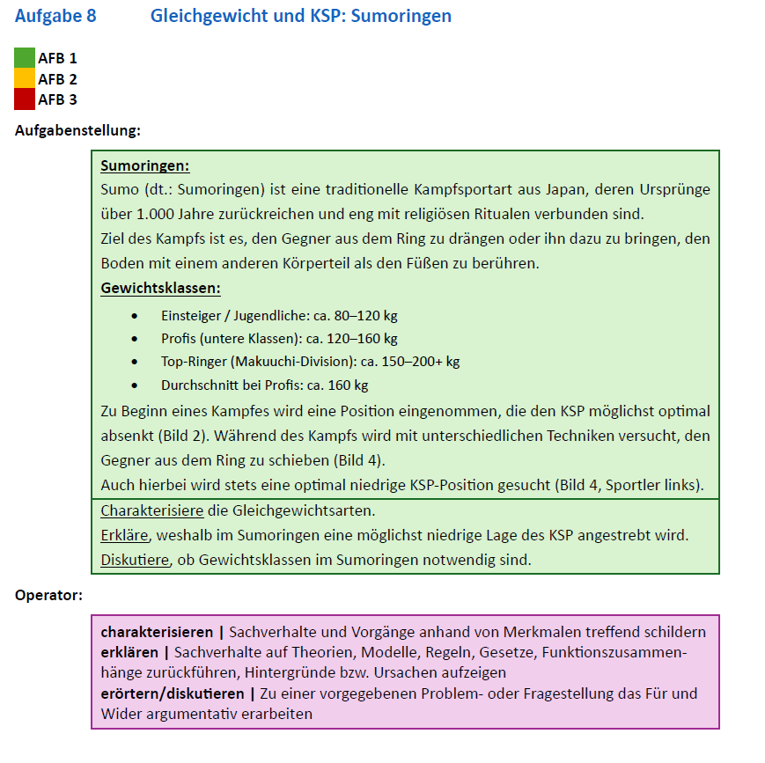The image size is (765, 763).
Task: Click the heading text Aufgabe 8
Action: (55, 16)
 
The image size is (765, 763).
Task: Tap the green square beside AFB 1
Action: (25, 58)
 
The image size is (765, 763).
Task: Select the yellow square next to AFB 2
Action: (25, 79)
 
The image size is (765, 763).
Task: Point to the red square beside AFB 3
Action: (25, 99)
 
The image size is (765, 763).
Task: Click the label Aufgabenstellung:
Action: (77, 130)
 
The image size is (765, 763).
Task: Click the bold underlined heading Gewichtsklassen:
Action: (160, 288)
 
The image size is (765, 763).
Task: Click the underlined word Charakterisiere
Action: (151, 510)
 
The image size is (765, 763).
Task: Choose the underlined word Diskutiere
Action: (134, 560)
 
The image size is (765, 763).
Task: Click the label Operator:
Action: (48, 595)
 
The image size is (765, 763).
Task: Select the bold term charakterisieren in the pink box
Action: (157, 632)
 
